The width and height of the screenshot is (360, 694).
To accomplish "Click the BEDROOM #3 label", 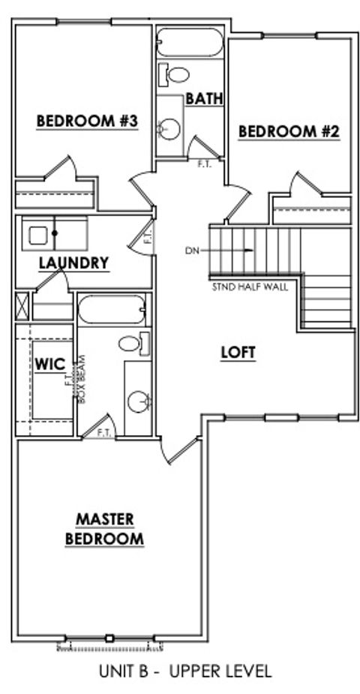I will pyautogui.click(x=88, y=120).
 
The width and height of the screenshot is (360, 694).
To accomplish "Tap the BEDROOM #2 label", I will pyautogui.click(x=289, y=131).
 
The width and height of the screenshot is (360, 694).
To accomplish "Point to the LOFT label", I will pyautogui.click(x=238, y=353).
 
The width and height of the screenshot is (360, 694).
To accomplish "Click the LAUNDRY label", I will pyautogui.click(x=73, y=263).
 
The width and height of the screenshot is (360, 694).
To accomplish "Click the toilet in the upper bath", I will pyautogui.click(x=175, y=74).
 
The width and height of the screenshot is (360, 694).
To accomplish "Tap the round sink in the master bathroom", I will pyautogui.click(x=137, y=401).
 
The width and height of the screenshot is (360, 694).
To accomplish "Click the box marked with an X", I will pyautogui.click(x=21, y=308).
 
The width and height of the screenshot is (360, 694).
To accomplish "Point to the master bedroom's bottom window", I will pyautogui.click(x=109, y=639).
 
